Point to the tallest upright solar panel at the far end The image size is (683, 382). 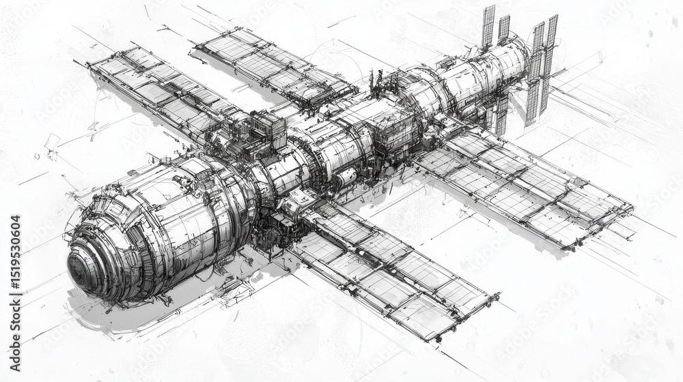(x=488, y=27)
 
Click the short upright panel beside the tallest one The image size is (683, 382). (x=503, y=30)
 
